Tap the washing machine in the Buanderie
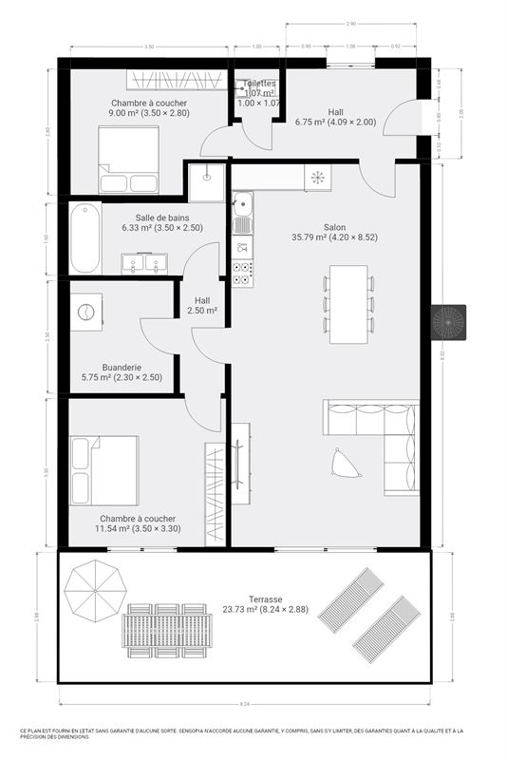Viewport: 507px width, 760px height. pyautogui.click(x=87, y=311)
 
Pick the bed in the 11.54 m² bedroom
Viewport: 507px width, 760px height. pyautogui.click(x=103, y=469)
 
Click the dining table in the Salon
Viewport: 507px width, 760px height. pyautogui.click(x=348, y=303)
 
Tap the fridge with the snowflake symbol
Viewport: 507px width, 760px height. pyautogui.click(x=317, y=177)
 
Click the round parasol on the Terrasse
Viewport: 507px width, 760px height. pyautogui.click(x=96, y=589)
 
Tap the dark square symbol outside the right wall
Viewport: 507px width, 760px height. pyautogui.click(x=449, y=322)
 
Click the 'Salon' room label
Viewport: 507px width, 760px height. pyautogui.click(x=334, y=227)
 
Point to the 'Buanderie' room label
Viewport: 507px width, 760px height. pyautogui.click(x=95, y=367)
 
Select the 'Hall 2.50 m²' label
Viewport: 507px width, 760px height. pyautogui.click(x=202, y=305)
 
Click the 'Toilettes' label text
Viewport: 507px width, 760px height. pyautogui.click(x=259, y=84)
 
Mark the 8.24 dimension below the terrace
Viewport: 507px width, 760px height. pyautogui.click(x=245, y=704)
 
